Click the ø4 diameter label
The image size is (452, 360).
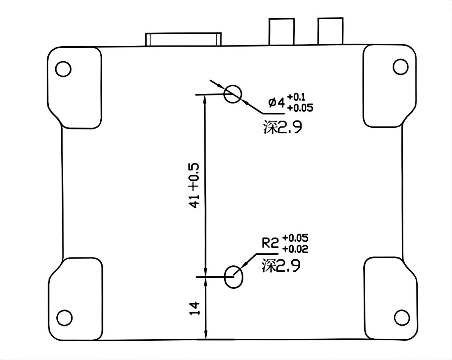[277, 102]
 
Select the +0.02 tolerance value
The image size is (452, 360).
[295, 249]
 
